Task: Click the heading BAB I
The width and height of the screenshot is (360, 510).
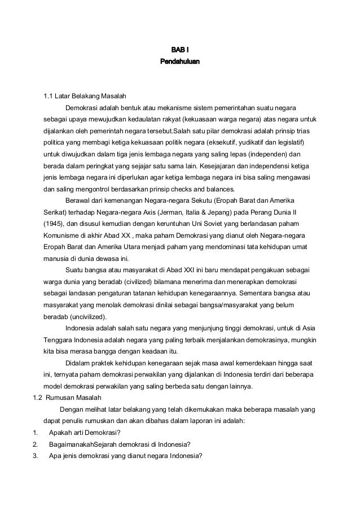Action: point(180,50)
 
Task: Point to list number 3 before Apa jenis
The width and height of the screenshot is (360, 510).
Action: point(36,456)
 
